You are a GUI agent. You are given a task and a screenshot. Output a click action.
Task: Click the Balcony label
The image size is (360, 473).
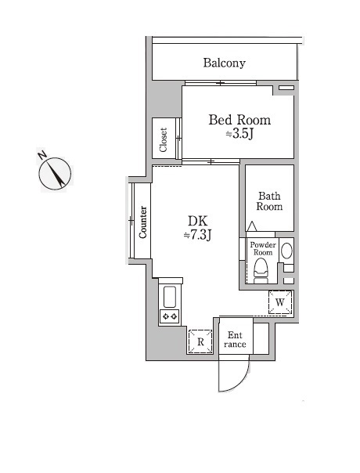224,63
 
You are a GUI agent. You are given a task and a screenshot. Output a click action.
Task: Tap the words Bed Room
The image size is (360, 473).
239,120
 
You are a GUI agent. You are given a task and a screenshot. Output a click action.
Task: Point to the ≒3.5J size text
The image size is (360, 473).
239,134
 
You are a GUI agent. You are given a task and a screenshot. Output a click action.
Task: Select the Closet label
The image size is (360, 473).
164,139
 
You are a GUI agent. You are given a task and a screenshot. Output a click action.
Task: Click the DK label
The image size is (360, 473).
198,221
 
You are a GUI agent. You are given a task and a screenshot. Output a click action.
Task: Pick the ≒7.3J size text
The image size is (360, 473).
198,235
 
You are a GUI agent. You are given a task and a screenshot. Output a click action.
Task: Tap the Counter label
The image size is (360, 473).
143,222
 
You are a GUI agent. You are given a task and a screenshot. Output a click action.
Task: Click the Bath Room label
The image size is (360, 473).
269,201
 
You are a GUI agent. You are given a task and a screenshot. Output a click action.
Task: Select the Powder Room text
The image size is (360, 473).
263,248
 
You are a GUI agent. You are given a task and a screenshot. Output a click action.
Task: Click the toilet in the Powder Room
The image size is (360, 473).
261,271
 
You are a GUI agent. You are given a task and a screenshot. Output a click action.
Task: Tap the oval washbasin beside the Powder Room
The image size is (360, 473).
286,251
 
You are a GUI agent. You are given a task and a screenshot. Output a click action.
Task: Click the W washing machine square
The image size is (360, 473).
280,302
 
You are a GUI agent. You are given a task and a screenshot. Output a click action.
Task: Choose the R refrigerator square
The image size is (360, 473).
200,341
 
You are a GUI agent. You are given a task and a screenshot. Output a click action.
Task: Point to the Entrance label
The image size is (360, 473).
235,340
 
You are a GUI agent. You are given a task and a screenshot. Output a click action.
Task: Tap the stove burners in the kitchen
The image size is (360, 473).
170,316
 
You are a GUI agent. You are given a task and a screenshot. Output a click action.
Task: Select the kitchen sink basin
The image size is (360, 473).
170,297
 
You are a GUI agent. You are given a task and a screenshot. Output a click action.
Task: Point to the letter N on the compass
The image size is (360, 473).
42,155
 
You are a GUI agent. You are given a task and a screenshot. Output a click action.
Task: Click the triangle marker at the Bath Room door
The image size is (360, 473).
252,226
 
